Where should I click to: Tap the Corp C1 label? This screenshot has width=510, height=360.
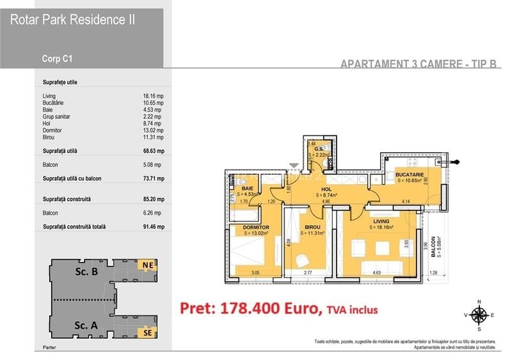tap(57, 58)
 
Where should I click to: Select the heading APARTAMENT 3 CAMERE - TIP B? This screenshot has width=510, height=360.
tap(419, 64)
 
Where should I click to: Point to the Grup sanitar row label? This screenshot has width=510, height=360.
tap(56, 117)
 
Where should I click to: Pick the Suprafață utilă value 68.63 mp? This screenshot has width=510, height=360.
tap(154, 151)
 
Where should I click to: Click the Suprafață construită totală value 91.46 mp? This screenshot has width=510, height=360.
tap(154, 227)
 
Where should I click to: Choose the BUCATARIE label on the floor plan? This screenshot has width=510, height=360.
tap(408, 174)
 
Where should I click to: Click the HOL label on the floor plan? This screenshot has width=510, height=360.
tap(326, 189)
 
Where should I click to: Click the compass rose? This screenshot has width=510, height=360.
tap(479, 314)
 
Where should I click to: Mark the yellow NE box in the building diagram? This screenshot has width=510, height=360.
tap(147, 264)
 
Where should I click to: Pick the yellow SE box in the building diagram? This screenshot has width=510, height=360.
tap(147, 332)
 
